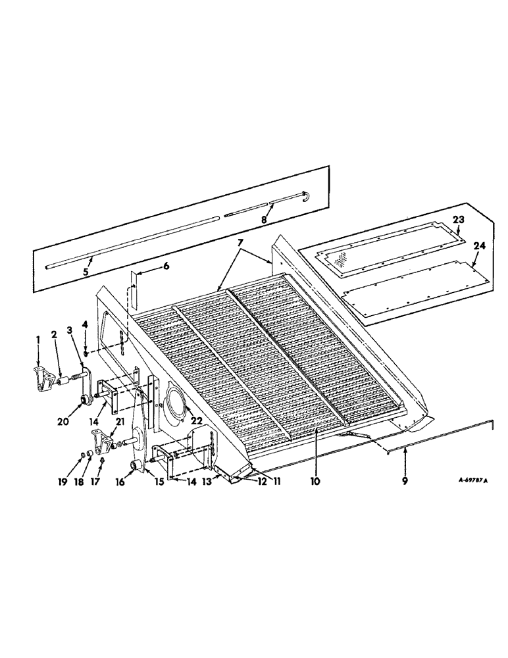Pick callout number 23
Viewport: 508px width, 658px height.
458,220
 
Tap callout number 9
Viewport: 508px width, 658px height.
405,482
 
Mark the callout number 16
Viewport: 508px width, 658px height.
120,481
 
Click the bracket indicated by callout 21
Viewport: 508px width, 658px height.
103,439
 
